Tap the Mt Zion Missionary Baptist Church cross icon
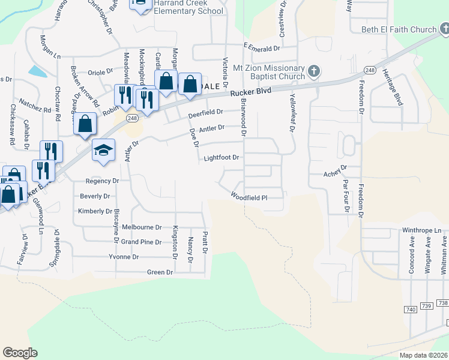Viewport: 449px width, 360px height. coord(313,73)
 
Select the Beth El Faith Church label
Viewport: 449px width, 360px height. coord(399,29)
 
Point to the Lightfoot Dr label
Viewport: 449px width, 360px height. coord(221,158)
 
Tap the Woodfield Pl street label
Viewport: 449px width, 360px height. coord(248,196)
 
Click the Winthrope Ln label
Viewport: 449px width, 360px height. coord(421,230)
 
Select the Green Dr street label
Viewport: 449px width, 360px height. coord(160,272)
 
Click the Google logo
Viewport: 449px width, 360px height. coord(20,353)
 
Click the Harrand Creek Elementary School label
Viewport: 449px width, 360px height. coord(188,7)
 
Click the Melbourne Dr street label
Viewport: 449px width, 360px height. coord(142,227)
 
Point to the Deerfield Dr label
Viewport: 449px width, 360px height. coord(205,113)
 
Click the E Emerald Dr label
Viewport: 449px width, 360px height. coord(262,47)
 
